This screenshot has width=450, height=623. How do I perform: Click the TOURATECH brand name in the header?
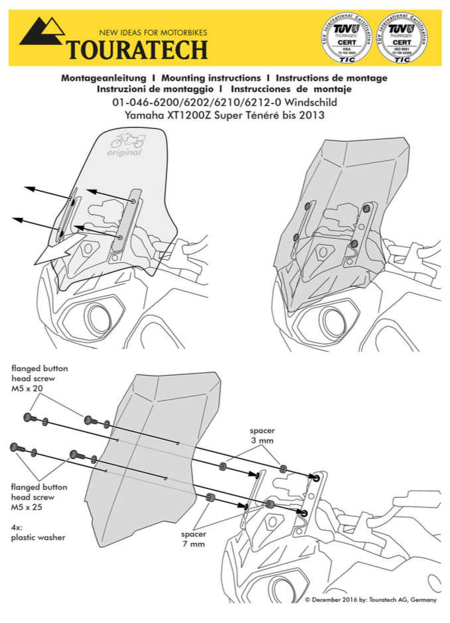coord(137,49)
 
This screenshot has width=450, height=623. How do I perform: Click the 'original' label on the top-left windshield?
coord(124,152)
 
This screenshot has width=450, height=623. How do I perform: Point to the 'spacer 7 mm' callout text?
coord(193,539)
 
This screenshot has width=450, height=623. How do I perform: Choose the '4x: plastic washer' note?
coord(38,532)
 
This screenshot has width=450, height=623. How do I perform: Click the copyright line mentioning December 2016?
coord(371,600)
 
